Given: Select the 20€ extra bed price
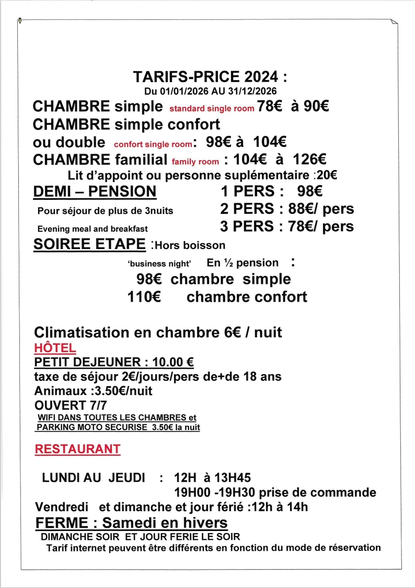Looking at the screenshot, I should tap(327, 176).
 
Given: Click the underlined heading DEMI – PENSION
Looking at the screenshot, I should tap(94, 191).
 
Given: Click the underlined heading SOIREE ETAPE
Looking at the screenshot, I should tap(89, 244).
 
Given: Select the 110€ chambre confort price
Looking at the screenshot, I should tap(144, 297).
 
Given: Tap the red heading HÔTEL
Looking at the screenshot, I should tap(55, 348).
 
